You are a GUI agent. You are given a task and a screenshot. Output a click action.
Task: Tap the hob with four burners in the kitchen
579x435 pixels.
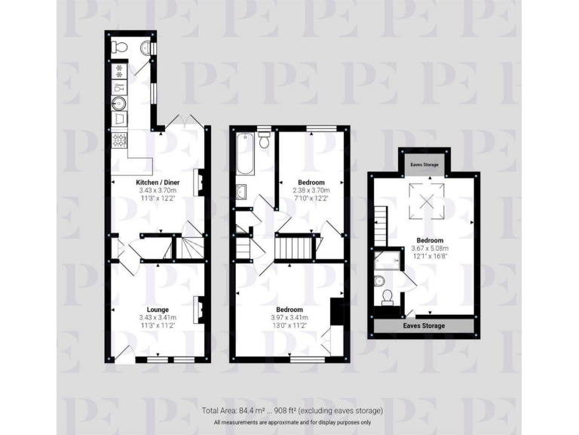(119, 140)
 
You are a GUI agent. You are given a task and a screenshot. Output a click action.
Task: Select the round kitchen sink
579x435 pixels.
(119, 103)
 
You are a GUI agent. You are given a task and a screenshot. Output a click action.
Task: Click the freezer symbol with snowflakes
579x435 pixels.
(119, 70)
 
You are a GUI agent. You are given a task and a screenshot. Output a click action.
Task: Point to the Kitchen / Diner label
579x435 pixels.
(157, 183)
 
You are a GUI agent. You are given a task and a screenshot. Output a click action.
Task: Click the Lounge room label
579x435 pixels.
(157, 310)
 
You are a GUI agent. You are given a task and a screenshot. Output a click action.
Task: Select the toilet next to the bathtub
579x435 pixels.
(264, 140)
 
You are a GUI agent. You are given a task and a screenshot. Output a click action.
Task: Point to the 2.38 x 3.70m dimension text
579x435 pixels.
(311, 192)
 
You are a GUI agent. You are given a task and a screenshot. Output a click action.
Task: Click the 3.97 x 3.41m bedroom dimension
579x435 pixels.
(289, 319)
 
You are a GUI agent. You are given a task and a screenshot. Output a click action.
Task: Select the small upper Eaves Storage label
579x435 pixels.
(425, 163)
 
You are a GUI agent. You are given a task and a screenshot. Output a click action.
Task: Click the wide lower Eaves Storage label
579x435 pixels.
(424, 326)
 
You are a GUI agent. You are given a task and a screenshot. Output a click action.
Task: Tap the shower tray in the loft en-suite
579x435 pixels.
(386, 261)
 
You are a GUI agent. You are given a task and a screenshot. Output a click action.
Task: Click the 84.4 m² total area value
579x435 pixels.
(250, 410)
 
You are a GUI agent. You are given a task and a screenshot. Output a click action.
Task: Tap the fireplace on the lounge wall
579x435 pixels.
(201, 308)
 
